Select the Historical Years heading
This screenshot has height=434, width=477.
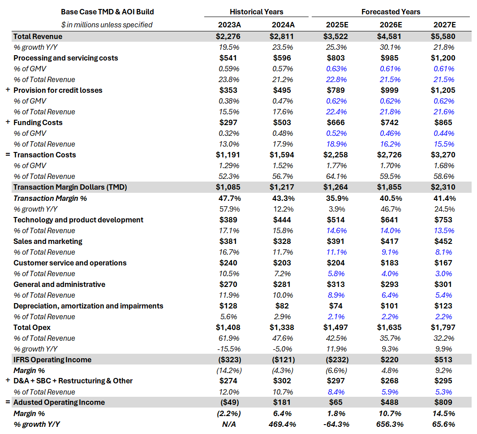[x=256, y=12]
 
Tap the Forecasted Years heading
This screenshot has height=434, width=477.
[x=391, y=12]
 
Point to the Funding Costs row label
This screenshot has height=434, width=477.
[x=38, y=122]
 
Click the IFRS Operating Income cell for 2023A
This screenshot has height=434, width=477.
[x=226, y=360]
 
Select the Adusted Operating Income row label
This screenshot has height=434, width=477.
[x=59, y=402]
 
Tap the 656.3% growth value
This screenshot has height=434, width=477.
[x=390, y=424]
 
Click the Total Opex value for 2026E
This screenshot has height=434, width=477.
[x=389, y=327]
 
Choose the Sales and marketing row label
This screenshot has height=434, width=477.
[x=48, y=241]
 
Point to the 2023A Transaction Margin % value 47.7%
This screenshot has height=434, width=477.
[x=226, y=198]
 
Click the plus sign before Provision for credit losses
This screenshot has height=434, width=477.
[x=8, y=90]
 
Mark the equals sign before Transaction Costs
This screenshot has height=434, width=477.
[x=8, y=155]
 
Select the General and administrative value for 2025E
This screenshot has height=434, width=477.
[x=336, y=284]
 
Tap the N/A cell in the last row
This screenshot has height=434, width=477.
[x=226, y=424]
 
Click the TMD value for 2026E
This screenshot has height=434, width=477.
[x=389, y=187]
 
